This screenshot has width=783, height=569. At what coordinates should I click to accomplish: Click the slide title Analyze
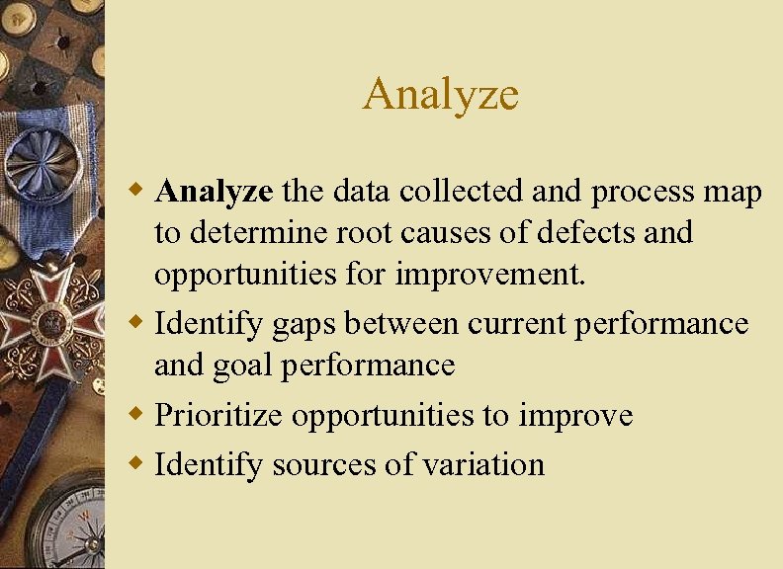[x=440, y=95]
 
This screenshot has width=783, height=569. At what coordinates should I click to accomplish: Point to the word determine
[x=252, y=233]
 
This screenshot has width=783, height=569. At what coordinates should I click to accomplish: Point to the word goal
[x=248, y=366]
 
